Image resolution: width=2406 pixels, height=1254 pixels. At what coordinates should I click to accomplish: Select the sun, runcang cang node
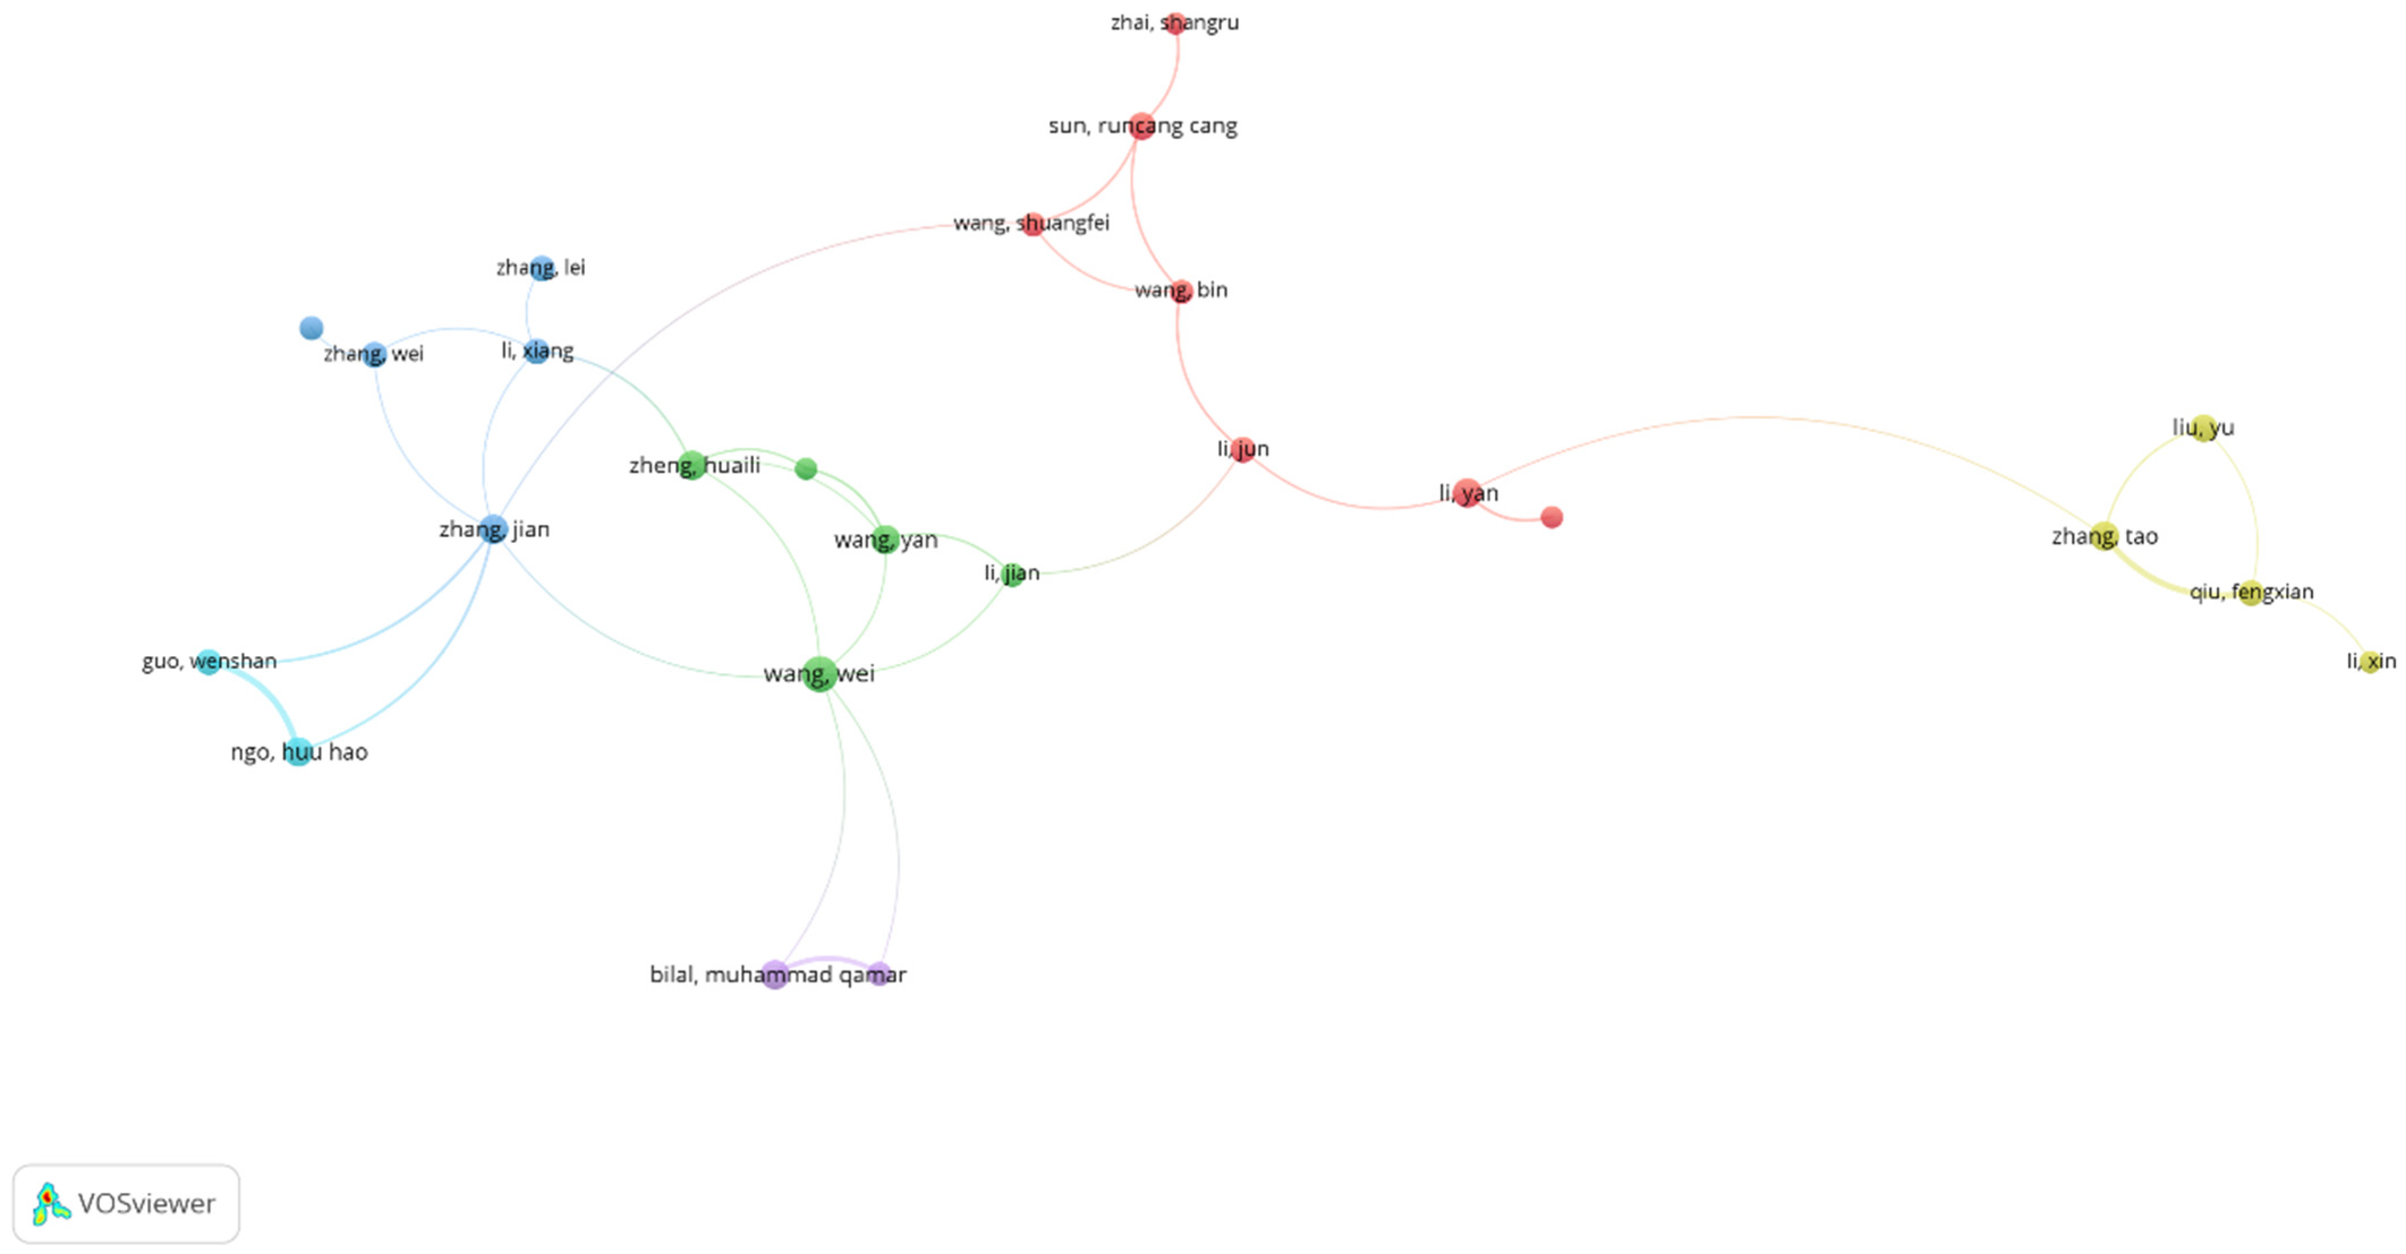[x=1142, y=126]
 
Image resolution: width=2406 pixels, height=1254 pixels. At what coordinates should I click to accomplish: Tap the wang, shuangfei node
[x=1032, y=224]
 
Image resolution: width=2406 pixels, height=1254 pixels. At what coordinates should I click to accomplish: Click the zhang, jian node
[x=493, y=529]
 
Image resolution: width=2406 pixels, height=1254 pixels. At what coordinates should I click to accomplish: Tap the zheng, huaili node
[x=691, y=465]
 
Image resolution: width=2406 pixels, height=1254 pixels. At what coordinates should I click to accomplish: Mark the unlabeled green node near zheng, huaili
[x=806, y=469]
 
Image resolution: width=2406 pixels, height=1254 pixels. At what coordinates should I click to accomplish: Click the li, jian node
[x=1012, y=574]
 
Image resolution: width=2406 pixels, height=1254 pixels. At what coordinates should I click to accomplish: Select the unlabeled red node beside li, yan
[x=1551, y=517]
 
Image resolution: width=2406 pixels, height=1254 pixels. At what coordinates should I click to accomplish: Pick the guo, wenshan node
[x=208, y=662]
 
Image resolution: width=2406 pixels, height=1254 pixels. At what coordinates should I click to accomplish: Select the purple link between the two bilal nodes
[x=827, y=960]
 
